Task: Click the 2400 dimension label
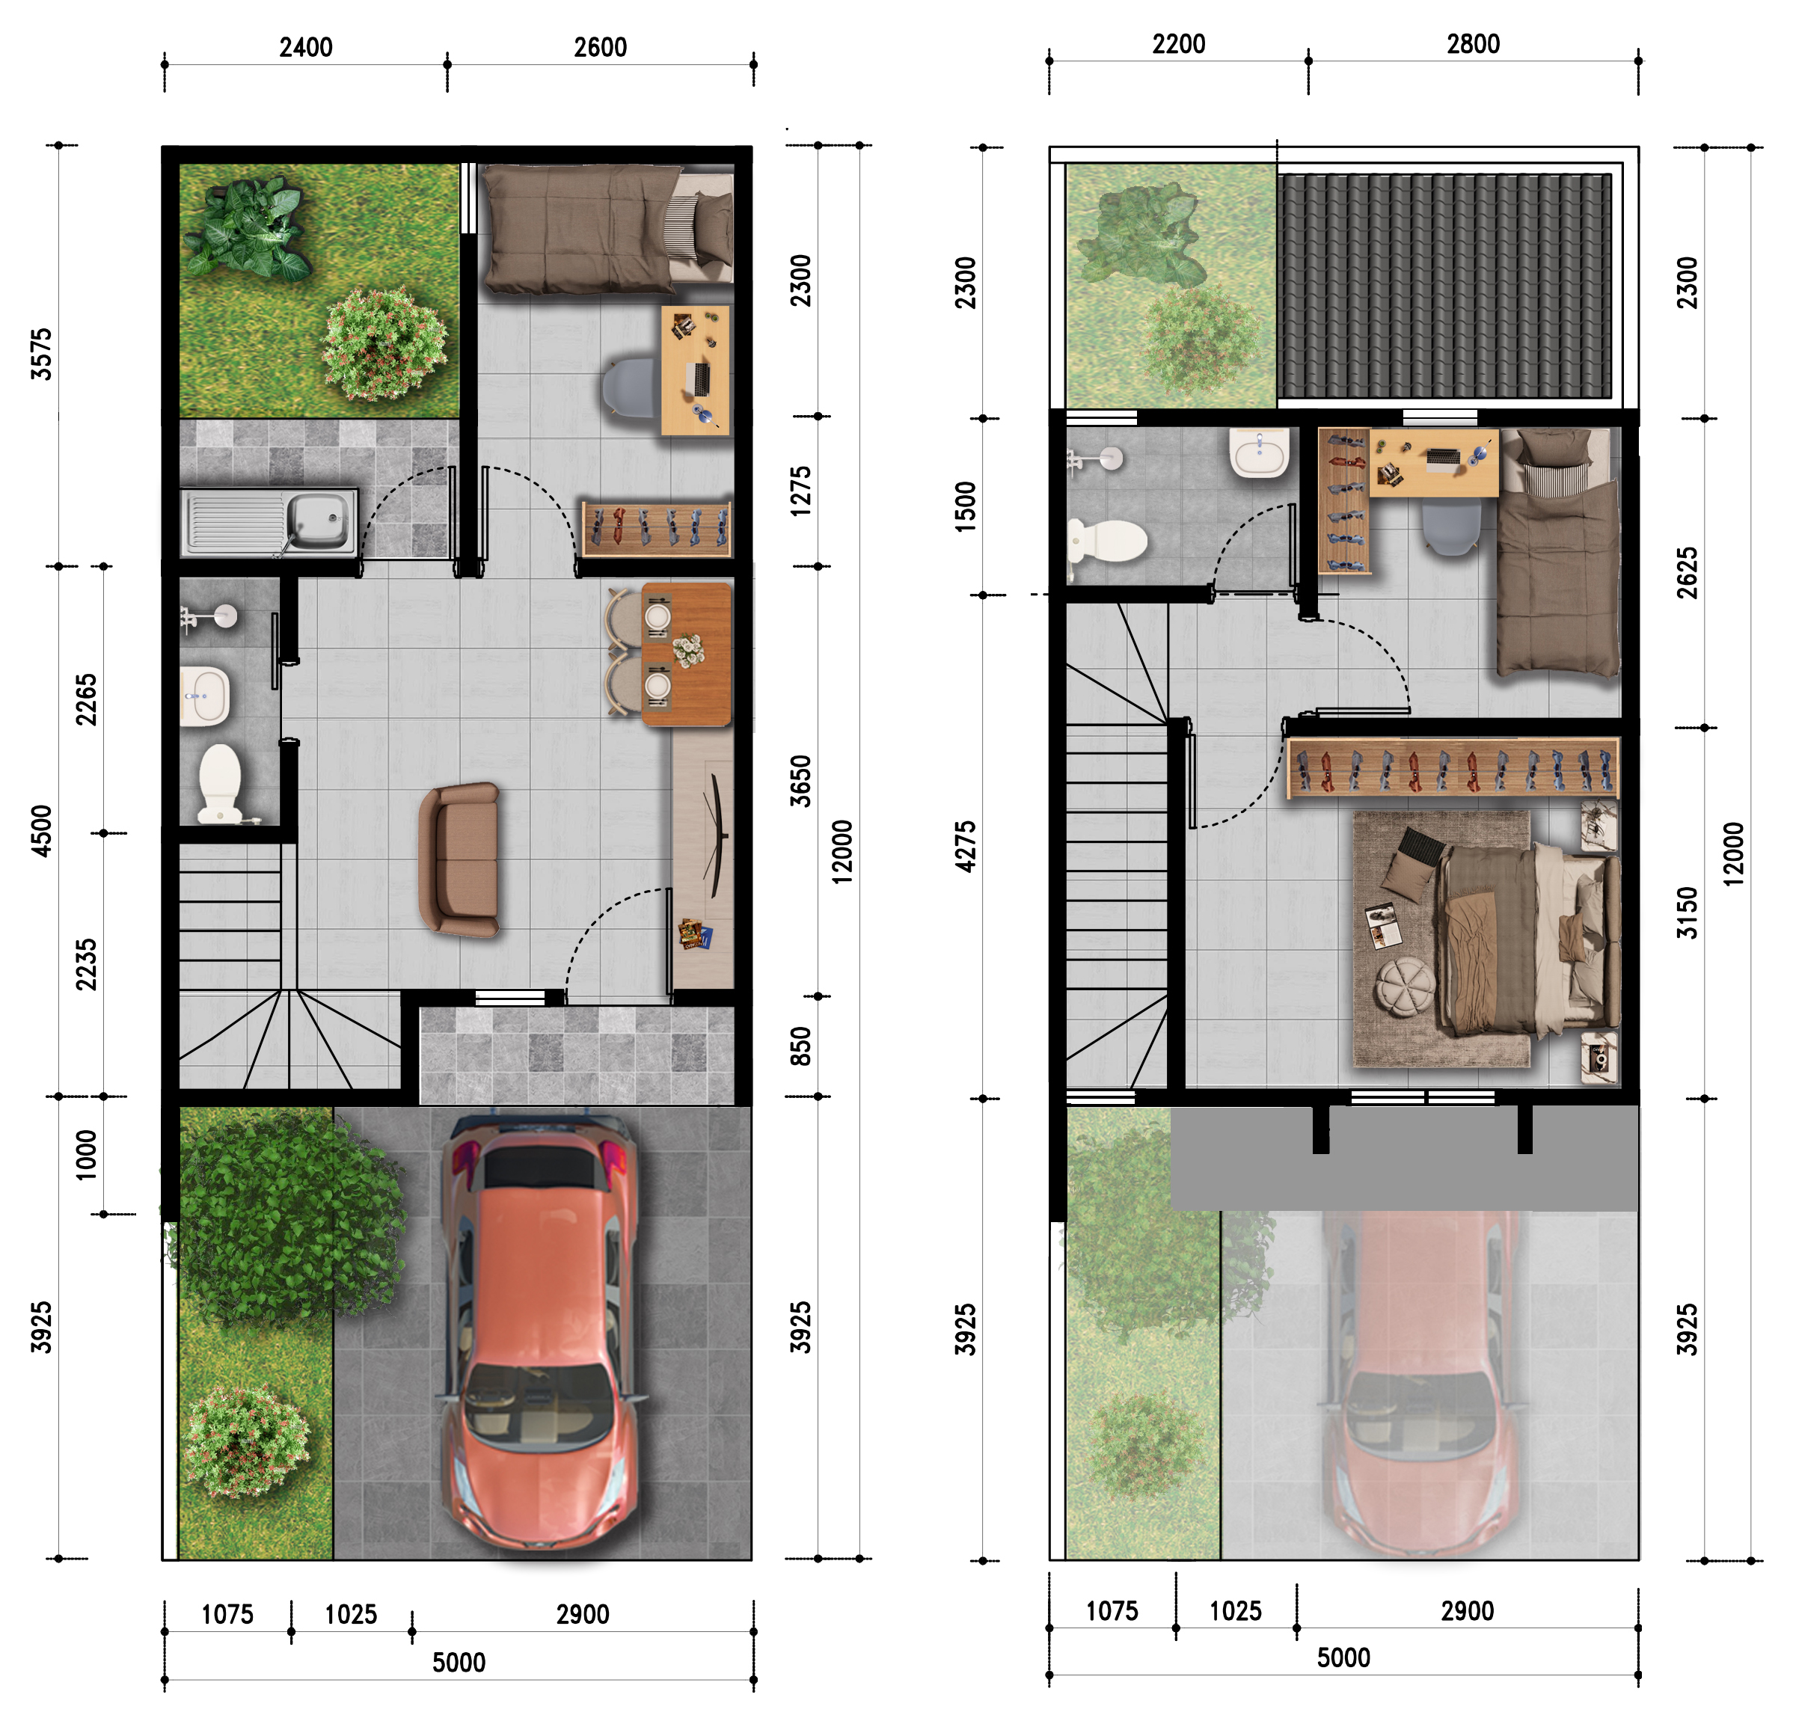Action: tap(305, 48)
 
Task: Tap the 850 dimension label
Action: tap(800, 1046)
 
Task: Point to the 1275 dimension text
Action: tap(800, 491)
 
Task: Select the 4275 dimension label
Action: tap(965, 846)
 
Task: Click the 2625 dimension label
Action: tap(1687, 573)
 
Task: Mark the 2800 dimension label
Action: tap(1473, 44)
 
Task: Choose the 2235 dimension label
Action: tap(86, 964)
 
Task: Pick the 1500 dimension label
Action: tap(965, 507)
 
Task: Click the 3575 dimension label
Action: tap(41, 354)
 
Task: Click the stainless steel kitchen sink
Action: tap(270, 522)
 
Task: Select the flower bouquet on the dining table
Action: tap(689, 651)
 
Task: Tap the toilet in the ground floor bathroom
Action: tap(220, 783)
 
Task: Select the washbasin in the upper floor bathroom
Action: tap(1260, 452)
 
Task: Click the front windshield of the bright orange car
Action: tap(538, 1404)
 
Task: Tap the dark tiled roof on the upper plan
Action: tap(1444, 286)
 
